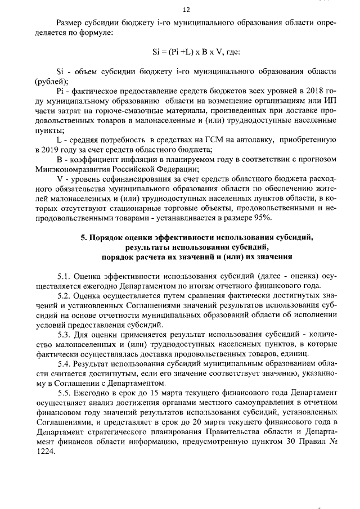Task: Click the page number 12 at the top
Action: (x=186, y=10)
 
